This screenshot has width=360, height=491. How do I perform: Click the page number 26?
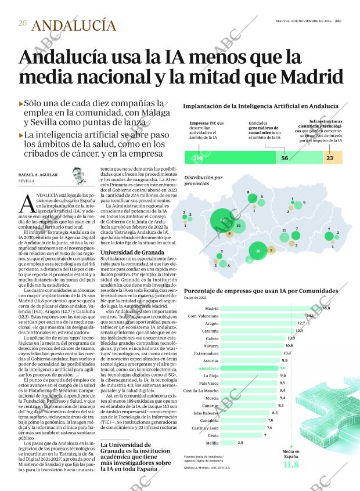coord(22,24)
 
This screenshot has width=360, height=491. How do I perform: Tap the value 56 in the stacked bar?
coord(285,158)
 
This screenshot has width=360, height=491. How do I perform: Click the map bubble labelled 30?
coord(258,251)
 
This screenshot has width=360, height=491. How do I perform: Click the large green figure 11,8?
coord(291,464)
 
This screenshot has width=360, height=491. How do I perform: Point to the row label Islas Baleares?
coord(205,413)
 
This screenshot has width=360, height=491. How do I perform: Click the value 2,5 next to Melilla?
coord(240,442)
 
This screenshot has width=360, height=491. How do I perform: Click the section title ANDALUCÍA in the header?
coord(74,25)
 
